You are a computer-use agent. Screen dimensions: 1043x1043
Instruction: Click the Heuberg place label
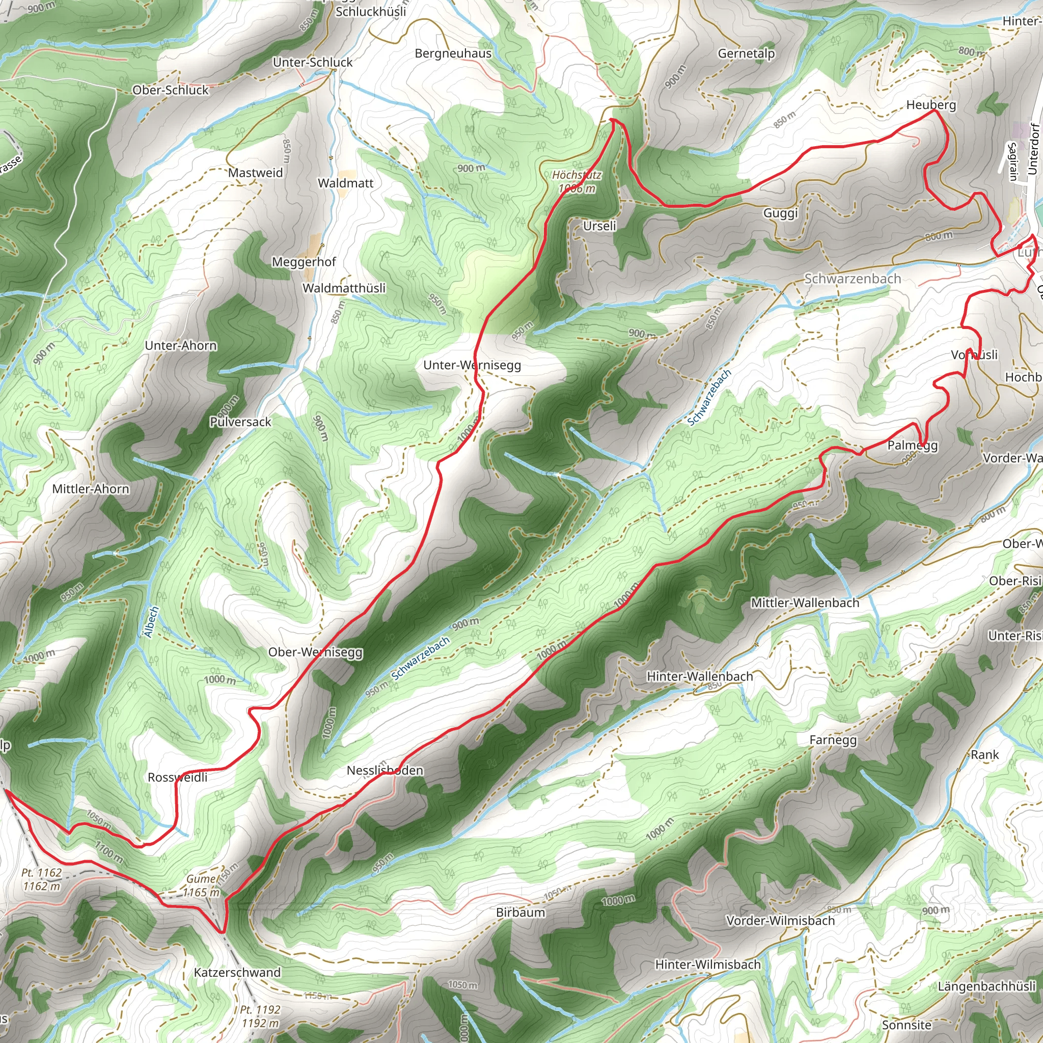point(931,105)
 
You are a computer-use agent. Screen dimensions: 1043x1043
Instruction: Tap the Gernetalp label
point(746,53)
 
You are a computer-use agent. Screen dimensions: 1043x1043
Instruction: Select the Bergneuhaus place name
point(453,53)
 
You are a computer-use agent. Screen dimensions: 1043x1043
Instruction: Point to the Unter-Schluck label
point(312,62)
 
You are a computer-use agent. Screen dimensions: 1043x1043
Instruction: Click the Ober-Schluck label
point(170,90)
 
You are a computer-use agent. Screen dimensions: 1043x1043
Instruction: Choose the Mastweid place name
point(255,173)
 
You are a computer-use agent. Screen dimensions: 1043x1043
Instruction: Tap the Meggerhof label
point(304,262)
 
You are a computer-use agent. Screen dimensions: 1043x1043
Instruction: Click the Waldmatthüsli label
point(344,288)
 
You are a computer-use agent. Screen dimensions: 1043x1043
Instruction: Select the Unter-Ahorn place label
point(181,345)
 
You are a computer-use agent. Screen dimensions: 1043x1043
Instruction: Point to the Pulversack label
point(240,422)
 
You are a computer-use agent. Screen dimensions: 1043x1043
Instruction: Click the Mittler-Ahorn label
point(91,489)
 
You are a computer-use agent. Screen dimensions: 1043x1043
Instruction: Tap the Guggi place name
point(780,213)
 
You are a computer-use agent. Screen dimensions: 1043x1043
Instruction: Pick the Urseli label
point(599,226)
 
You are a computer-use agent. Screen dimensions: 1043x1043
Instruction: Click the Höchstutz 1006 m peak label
point(577,182)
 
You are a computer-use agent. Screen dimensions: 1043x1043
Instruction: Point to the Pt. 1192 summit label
point(260,1016)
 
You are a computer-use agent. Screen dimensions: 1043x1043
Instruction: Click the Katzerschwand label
point(237,972)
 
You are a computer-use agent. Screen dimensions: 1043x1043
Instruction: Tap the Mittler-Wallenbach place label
point(804,603)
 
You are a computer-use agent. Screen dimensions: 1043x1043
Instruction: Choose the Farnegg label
point(833,740)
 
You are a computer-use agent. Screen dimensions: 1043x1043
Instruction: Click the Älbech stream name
point(152,622)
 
